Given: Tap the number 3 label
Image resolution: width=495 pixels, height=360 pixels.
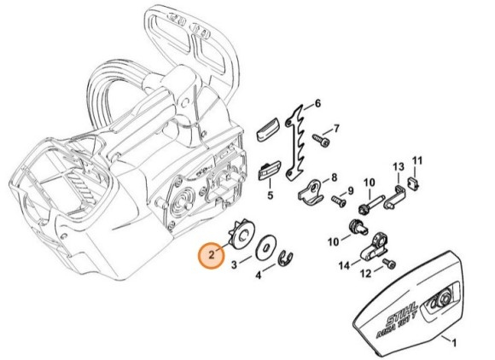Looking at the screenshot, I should coord(235,265).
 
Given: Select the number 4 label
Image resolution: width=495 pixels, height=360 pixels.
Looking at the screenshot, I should coord(259,275).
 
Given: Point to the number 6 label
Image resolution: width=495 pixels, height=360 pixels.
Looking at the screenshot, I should coord(318,104).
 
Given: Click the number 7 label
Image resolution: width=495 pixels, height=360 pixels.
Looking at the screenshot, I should coord(336,129).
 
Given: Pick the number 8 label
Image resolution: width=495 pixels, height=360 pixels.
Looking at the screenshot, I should coord(334,177).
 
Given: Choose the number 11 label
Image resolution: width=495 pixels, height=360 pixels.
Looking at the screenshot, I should coord(418,160).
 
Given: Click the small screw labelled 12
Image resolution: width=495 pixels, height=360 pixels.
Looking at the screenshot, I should coord(388,263).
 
